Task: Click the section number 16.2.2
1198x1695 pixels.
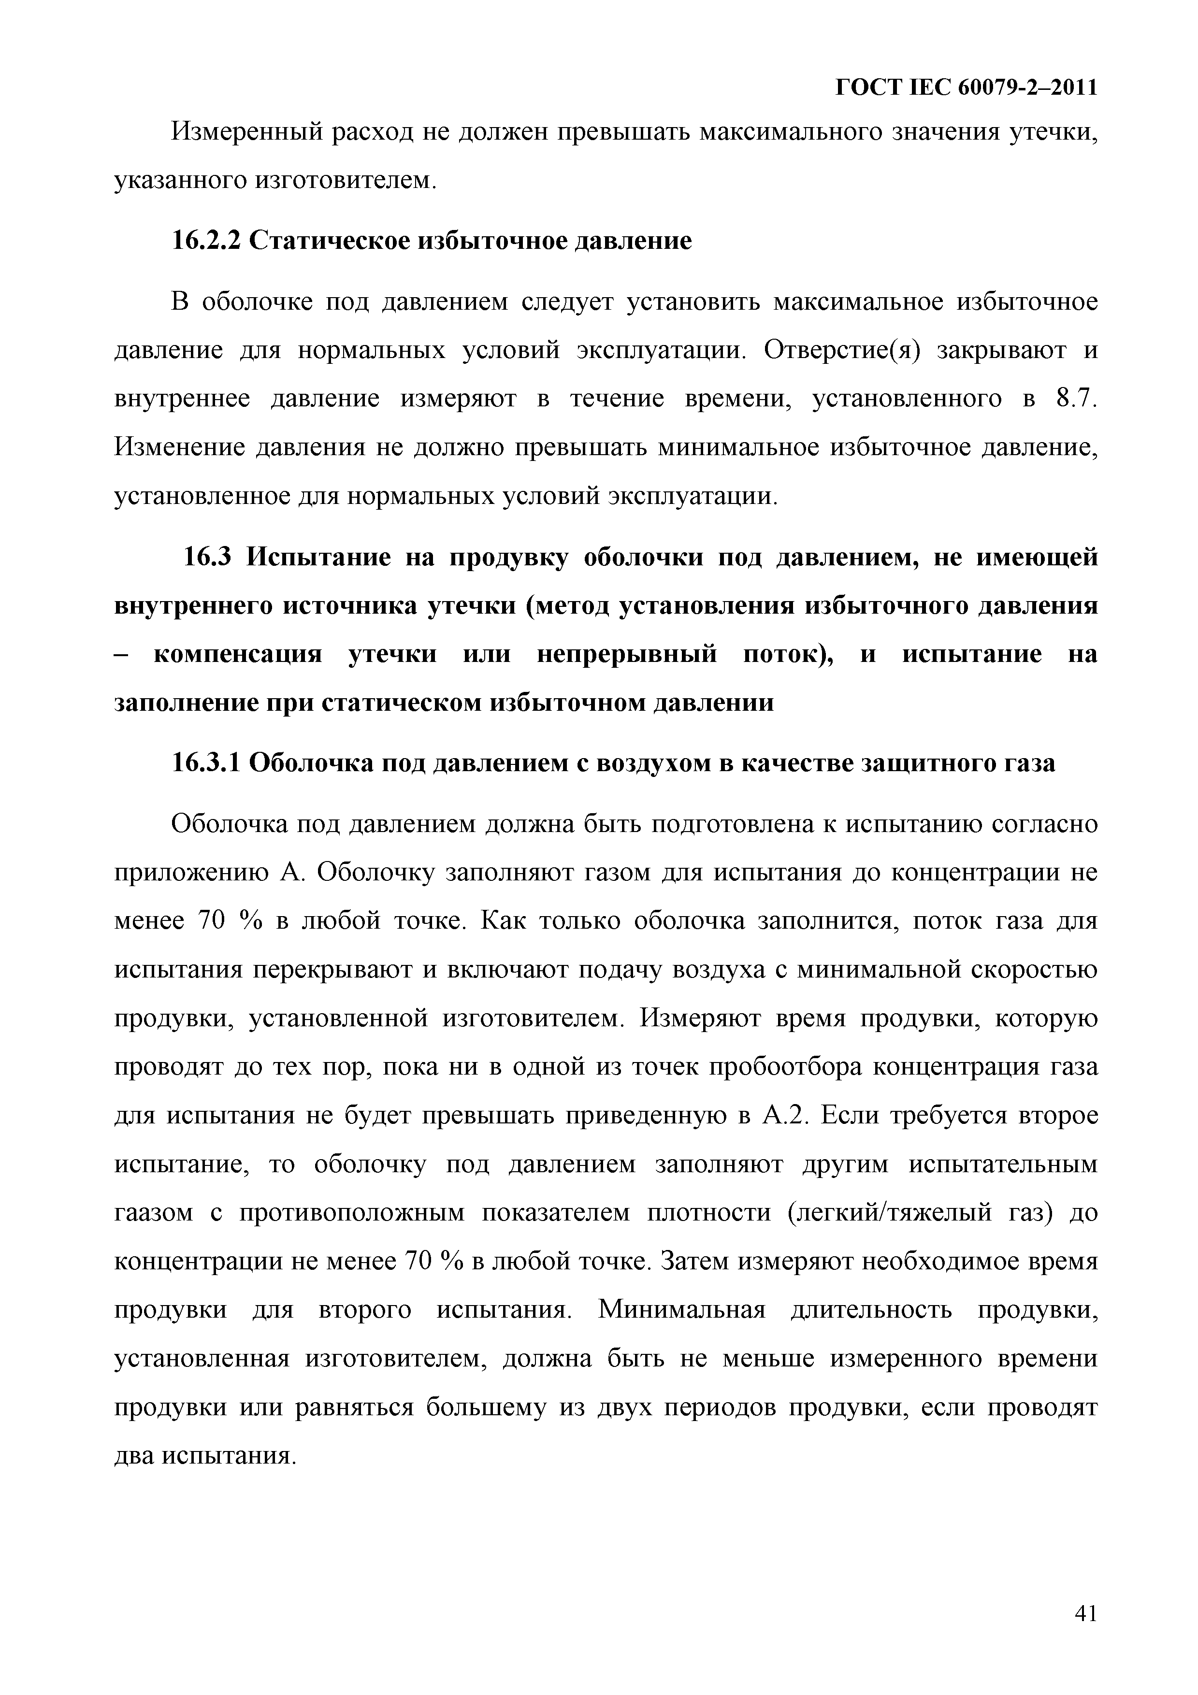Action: pyautogui.click(x=207, y=240)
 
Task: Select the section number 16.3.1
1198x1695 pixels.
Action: pyautogui.click(x=207, y=762)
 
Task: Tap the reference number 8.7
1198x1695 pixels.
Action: pyautogui.click(x=1077, y=398)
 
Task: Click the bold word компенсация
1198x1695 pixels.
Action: pyautogui.click(x=238, y=654)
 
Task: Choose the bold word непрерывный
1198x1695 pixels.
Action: pyautogui.click(x=627, y=654)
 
